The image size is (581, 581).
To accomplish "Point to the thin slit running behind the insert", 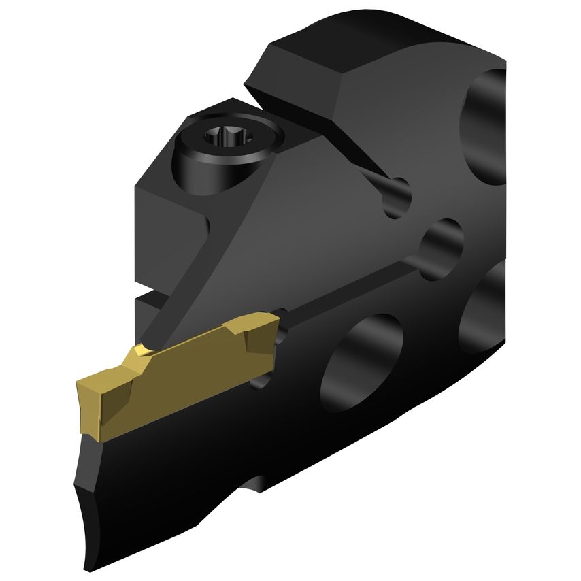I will (x=354, y=286).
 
